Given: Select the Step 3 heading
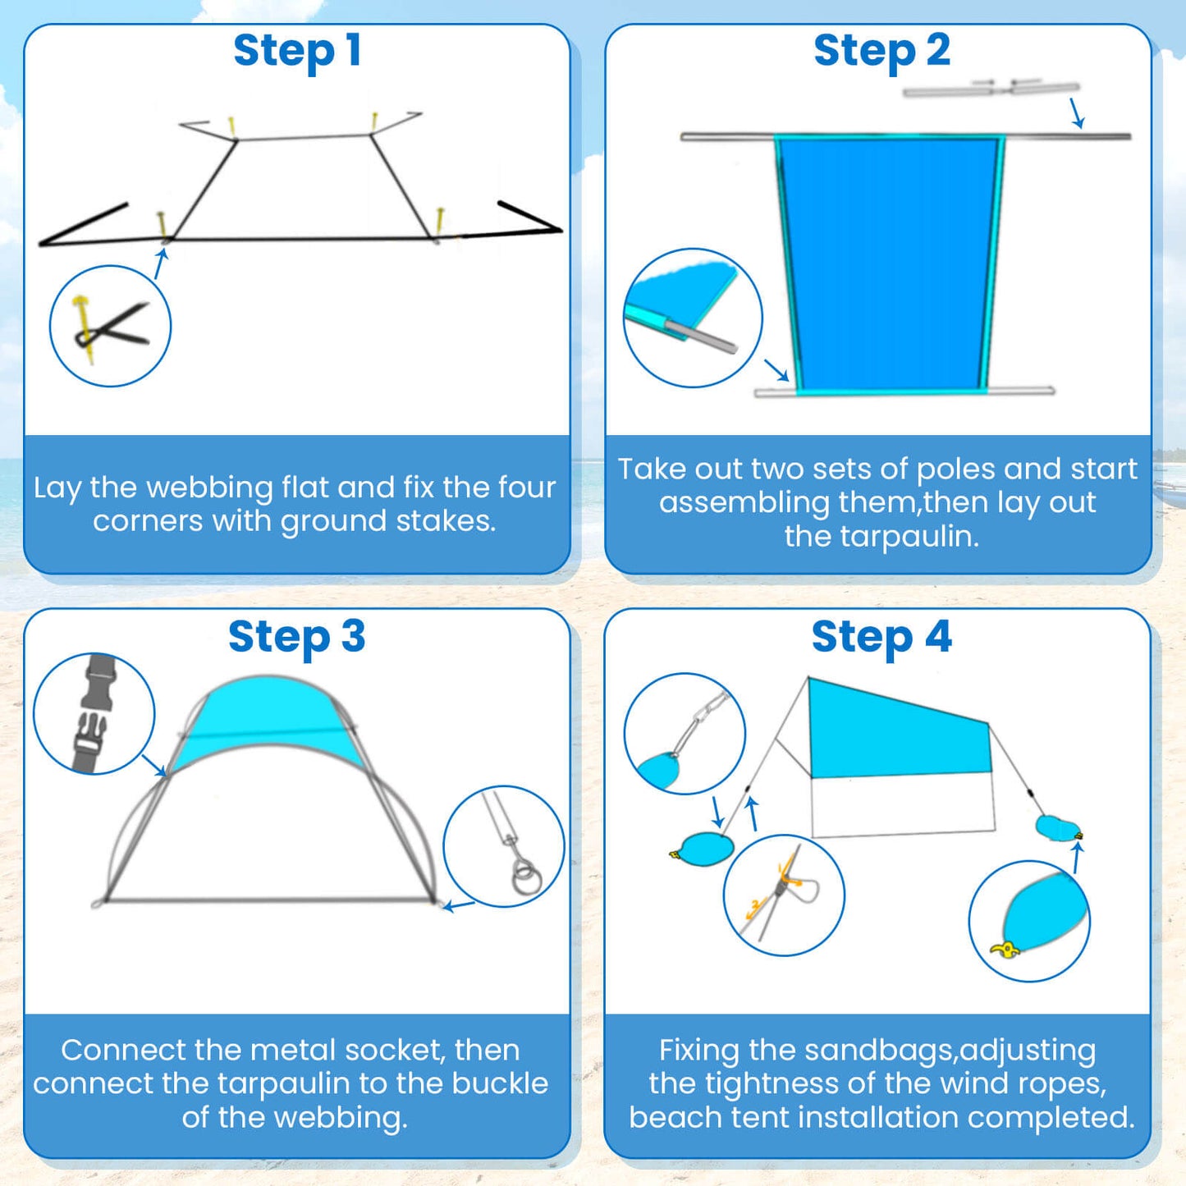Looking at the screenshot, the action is click(296, 637).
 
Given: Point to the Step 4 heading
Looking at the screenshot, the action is click(881, 637).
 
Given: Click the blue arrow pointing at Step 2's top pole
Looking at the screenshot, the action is click(1077, 113).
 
